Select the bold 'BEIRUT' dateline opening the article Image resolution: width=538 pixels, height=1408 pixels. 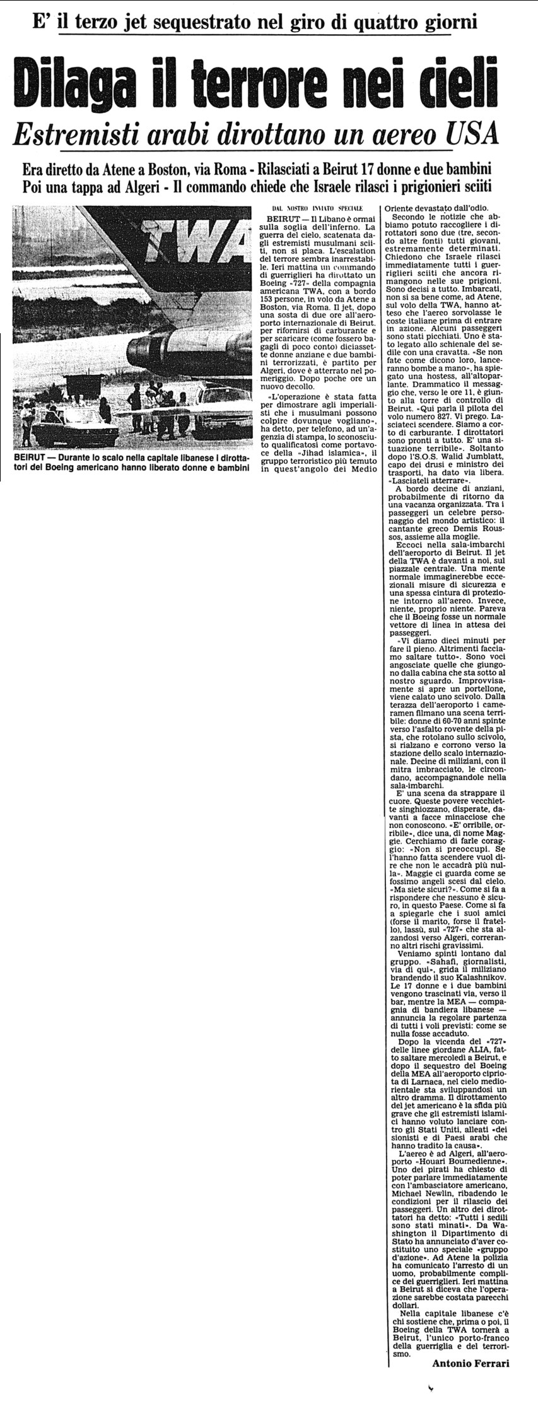[281, 218]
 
